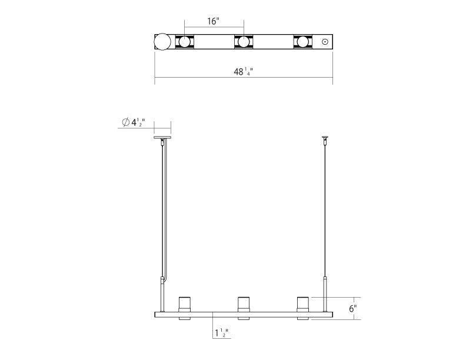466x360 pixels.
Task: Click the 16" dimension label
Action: pos(214,22)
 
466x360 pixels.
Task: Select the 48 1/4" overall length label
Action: pos(247,72)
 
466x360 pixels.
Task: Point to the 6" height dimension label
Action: pos(352,308)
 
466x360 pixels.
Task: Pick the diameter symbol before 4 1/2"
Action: pos(126,122)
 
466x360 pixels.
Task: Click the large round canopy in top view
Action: pos(162,42)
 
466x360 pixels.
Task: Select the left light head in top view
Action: pos(185,42)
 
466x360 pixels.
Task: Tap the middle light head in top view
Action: pos(244,42)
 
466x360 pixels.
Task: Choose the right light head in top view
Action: pos(302,42)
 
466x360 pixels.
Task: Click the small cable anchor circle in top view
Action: pos(324,42)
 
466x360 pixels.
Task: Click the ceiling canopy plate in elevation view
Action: pos(162,139)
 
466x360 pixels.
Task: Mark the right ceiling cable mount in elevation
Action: pos(324,141)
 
